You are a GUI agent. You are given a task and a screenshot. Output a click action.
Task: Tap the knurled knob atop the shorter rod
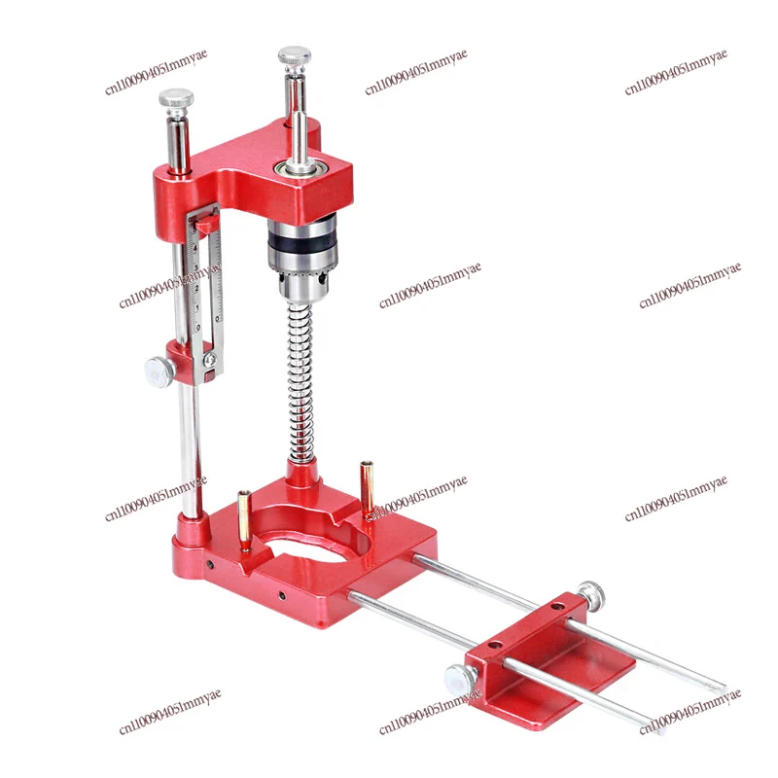[x=177, y=98]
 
